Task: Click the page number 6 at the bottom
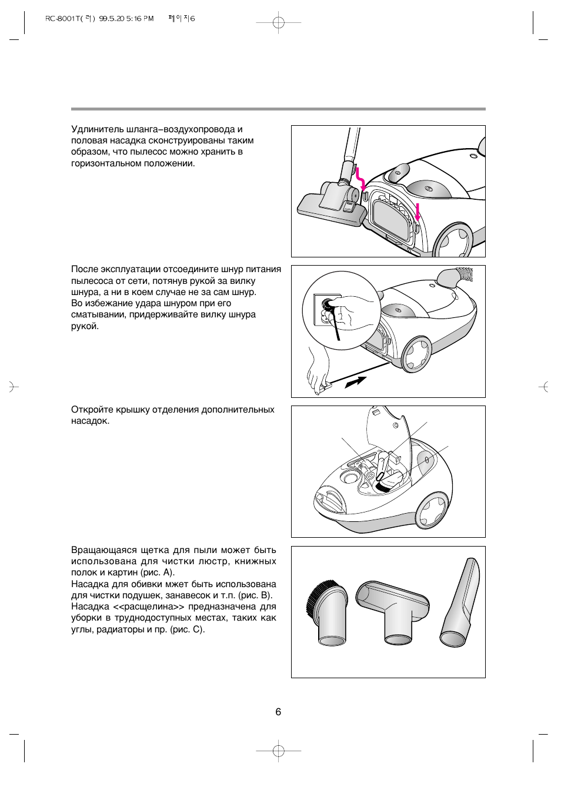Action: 278,711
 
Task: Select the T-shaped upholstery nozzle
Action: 392,611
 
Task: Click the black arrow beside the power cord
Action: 355,383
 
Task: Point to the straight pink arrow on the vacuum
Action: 418,212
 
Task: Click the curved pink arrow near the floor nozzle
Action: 360,179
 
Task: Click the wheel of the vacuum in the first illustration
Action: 453,240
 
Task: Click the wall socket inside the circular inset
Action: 324,309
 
